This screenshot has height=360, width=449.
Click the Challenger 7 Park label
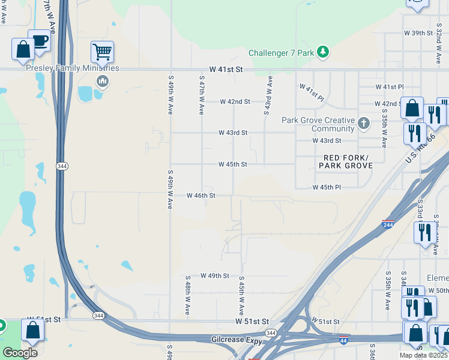[x=281, y=53]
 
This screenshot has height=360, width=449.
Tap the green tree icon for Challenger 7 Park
[x=323, y=52]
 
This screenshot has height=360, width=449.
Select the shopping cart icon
[x=103, y=52]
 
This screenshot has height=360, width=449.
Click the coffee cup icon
[x=40, y=41]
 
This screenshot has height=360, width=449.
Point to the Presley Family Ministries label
[x=73, y=68]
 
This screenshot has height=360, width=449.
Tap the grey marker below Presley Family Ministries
[x=102, y=80]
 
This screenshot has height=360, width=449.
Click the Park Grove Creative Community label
[x=318, y=124]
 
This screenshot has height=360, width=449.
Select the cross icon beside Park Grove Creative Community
[x=363, y=124]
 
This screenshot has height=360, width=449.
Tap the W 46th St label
[x=200, y=196]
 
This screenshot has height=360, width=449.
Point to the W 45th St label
[x=232, y=164]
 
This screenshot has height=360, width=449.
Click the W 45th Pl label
[x=327, y=187]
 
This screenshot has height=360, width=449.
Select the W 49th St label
[x=215, y=275]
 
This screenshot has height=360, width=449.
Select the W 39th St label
[x=418, y=32]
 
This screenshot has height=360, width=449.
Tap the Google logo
[x=20, y=352]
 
